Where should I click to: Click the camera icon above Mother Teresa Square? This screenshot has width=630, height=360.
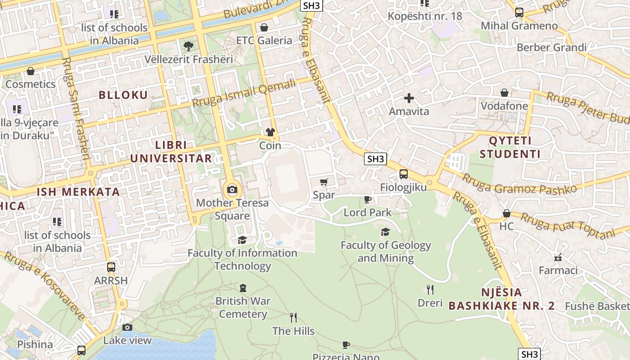coord(232,189)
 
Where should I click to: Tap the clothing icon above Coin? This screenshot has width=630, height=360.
coord(270,132)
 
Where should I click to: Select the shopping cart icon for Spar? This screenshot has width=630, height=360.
coord(324,182)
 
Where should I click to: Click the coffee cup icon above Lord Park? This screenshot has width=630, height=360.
coord(367,199)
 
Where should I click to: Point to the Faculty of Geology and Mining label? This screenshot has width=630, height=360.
coord(386,252)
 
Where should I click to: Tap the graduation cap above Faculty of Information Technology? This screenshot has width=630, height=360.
coord(242,240)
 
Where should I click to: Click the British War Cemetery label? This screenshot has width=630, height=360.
coord(243,307)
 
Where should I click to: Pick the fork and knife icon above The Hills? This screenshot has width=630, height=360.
coord(293,318)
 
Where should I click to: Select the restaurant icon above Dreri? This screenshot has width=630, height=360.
coord(430,289)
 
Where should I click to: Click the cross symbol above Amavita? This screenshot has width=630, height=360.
coord(409,98)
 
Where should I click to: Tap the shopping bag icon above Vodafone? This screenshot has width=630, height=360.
coord(504,93)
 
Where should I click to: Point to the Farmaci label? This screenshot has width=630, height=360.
coord(558,270)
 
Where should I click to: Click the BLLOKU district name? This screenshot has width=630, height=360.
coord(123,95)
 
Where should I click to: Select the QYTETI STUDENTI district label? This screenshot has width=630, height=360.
coord(510,147)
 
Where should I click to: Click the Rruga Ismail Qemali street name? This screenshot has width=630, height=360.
coord(244,93)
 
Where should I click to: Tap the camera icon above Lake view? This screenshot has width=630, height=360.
coord(127,327)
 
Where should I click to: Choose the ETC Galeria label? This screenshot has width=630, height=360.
coord(264,40)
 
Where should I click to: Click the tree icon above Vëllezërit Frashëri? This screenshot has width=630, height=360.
coord(188,46)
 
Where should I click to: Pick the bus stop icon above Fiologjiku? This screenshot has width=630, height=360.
coord(403,174)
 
